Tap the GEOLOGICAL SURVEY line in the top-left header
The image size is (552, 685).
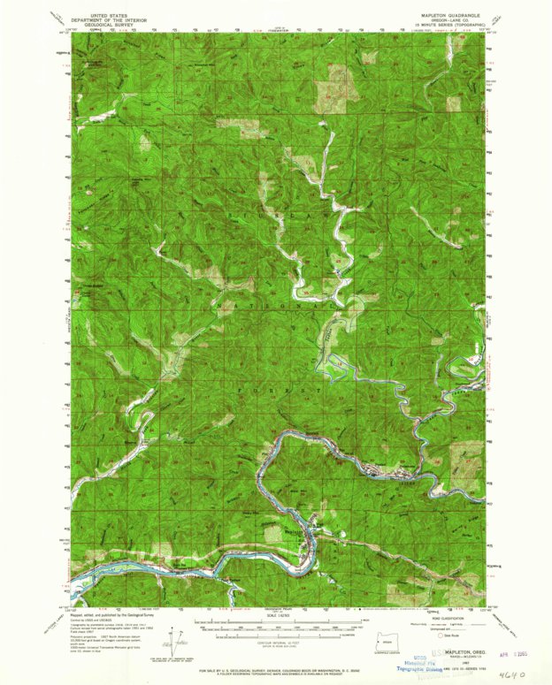tap(104, 26)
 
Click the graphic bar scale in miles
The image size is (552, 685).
tap(275, 631)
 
